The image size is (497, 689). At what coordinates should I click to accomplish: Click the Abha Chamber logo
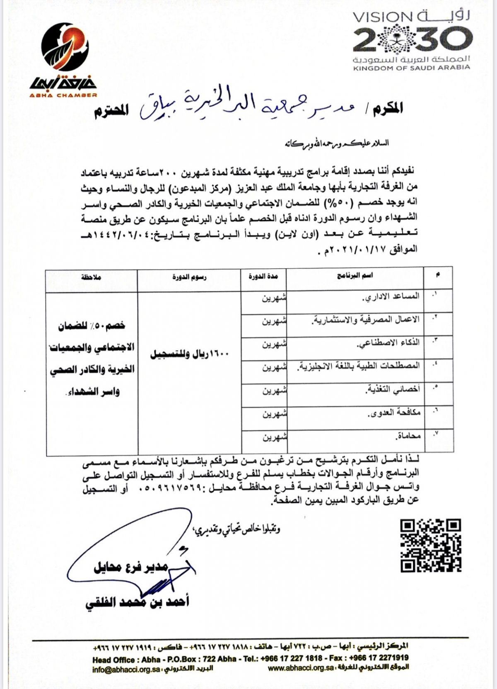point(65,60)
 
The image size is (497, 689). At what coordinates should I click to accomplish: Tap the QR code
point(431,545)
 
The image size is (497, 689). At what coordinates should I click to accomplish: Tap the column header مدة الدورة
point(263,277)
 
